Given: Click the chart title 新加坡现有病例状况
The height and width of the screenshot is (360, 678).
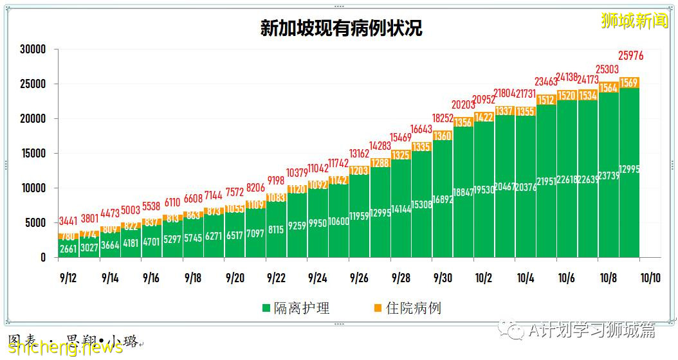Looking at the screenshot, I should (x=341, y=29).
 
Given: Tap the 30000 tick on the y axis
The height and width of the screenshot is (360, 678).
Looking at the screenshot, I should (x=33, y=50).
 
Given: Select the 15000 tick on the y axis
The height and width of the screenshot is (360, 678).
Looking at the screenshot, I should (x=33, y=154).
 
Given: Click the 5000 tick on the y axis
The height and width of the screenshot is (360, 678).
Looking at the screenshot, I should (x=35, y=223).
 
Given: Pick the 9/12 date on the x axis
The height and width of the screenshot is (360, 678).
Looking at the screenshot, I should (x=68, y=278).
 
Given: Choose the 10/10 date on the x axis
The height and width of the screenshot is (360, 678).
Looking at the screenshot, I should (x=650, y=278).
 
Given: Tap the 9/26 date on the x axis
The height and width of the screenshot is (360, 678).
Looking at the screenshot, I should (x=359, y=278).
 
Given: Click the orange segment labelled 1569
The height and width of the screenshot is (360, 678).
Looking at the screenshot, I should (x=630, y=83).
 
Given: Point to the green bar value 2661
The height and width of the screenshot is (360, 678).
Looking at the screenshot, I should (x=68, y=249).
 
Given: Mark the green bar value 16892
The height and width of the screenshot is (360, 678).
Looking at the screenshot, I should (x=442, y=200).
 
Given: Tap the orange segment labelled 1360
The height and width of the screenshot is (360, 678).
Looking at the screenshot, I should (x=442, y=136).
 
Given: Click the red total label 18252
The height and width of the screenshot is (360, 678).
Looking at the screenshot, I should (x=442, y=118).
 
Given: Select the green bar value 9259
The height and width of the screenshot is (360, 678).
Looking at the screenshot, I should (x=297, y=226).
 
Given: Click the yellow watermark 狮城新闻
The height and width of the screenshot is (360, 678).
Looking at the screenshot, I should (x=634, y=21).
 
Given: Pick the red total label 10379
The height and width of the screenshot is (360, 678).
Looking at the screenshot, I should (x=297, y=172).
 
